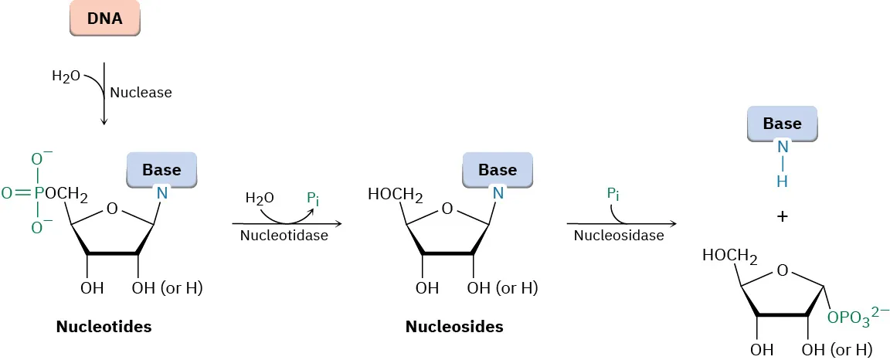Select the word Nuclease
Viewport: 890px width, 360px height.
[x=141, y=93]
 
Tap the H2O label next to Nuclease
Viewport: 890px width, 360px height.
[x=66, y=76]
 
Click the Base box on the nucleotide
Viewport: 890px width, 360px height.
[x=161, y=169]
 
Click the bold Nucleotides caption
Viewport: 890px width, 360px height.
[x=104, y=327]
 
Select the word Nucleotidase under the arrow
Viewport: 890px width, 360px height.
[x=285, y=236]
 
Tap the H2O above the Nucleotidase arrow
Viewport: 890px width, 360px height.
[x=259, y=199]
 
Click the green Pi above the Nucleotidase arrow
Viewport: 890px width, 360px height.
[x=313, y=199]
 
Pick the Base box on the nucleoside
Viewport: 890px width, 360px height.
[x=498, y=169]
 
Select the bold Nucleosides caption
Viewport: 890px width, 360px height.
[x=454, y=327]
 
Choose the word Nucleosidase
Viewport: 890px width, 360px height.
[x=619, y=236]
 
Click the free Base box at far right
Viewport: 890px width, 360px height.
[x=782, y=124]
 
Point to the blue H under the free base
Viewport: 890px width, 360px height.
[x=783, y=181]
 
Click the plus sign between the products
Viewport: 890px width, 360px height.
[x=783, y=217]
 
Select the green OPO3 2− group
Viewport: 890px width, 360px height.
[x=858, y=317]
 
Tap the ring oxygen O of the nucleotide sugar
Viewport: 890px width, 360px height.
[x=112, y=209]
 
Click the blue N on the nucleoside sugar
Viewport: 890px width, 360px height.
[x=498, y=193]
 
